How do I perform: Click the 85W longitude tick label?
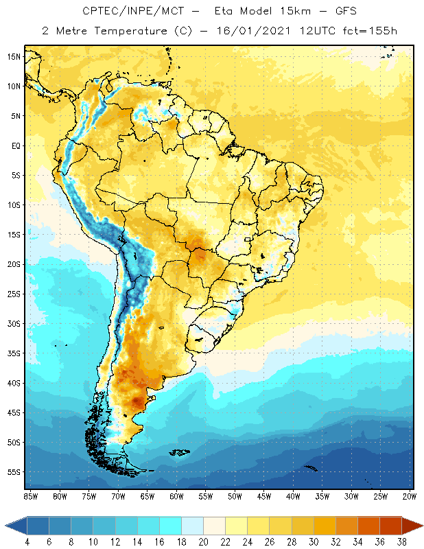[x=31, y=496]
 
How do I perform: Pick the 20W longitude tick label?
[x=410, y=496]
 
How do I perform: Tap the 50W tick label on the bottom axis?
[x=235, y=496]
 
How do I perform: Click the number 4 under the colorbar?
[x=27, y=542]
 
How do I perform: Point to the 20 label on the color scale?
[x=203, y=542]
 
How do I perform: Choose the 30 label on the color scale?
[x=314, y=542]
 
